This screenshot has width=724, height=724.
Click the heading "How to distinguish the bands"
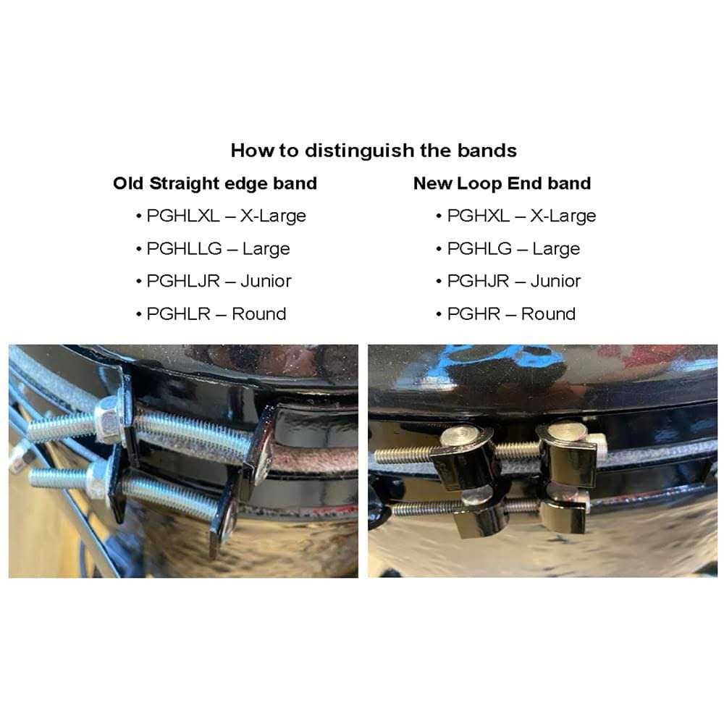click(x=374, y=151)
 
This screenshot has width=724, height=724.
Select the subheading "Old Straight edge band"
click(x=215, y=183)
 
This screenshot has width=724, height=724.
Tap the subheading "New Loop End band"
click(x=502, y=183)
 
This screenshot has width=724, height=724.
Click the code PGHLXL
click(x=182, y=216)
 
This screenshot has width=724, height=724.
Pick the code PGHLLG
click(x=184, y=248)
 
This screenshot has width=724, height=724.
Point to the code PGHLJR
click(x=182, y=281)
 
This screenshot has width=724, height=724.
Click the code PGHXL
click(x=478, y=216)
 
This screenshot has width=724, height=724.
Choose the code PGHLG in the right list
click(x=478, y=248)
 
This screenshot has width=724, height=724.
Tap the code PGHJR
click(x=478, y=281)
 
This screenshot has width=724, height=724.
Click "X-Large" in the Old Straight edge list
click(x=275, y=216)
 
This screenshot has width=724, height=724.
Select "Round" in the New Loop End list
click(x=548, y=313)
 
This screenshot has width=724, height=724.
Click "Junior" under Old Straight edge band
click(x=266, y=281)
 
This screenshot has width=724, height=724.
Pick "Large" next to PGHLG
click(x=556, y=248)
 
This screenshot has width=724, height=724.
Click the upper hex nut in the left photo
click(x=109, y=420)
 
